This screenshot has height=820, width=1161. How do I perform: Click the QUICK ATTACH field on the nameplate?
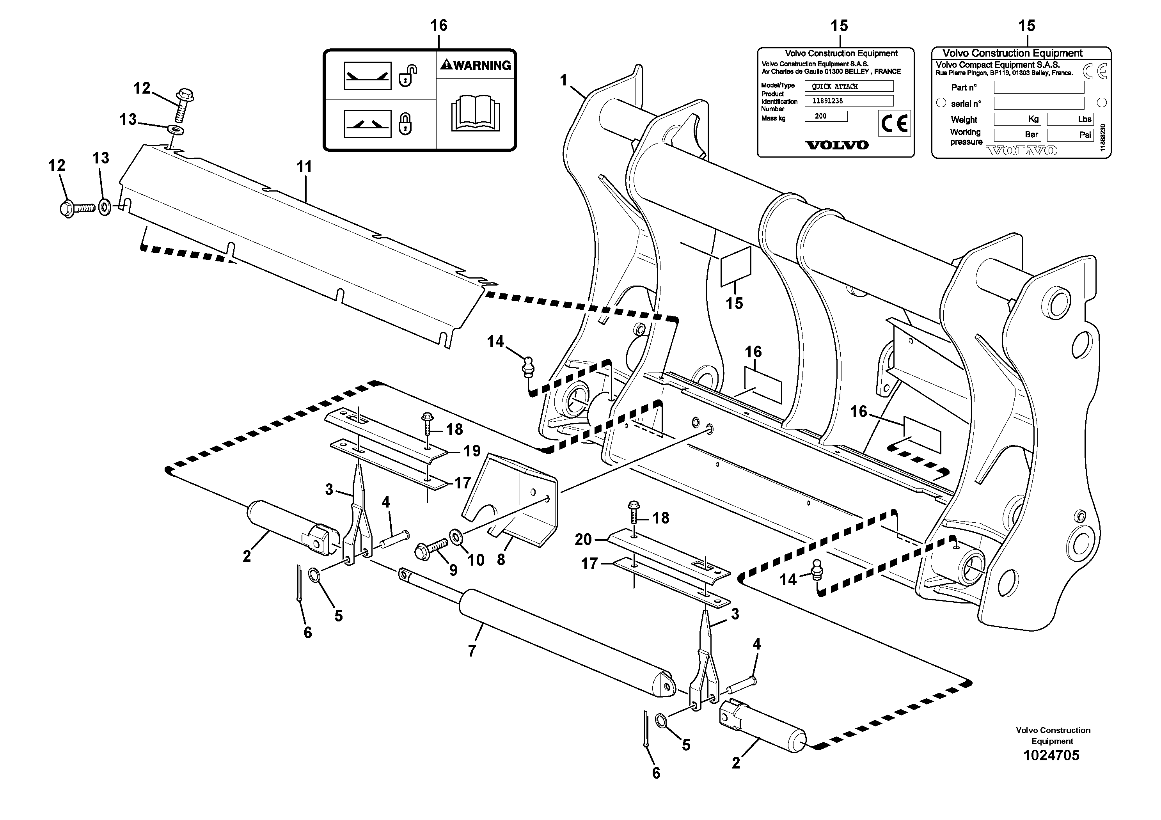pos(849,87)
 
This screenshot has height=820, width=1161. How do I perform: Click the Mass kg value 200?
pos(826,116)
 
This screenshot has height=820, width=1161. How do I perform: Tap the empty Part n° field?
pos(1039,87)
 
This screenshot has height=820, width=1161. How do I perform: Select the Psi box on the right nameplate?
pos(1070,135)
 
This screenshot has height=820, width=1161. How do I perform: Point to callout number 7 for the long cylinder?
pos(472,651)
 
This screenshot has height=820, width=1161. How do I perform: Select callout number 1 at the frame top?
pos(564,80)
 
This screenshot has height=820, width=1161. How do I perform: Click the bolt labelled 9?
pos(430,548)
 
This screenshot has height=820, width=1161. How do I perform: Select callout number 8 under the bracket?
pos(501,560)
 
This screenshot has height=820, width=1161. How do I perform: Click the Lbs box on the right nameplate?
pos(1070,119)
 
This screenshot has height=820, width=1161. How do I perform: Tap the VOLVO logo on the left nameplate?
pos(836,145)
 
